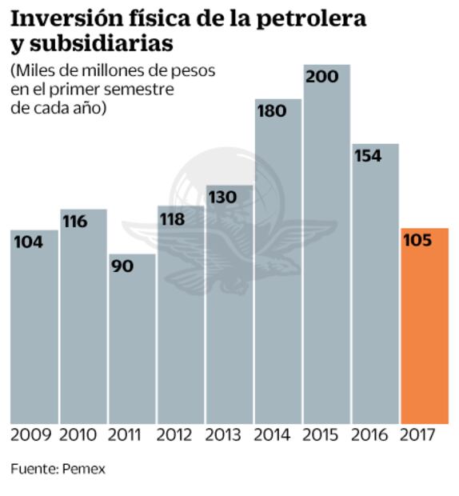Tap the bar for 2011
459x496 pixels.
point(132,344)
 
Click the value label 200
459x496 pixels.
point(322,78)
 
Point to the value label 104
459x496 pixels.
point(28,242)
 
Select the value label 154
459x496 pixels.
point(368,156)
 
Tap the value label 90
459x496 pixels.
point(122,266)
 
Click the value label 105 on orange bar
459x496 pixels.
point(417,241)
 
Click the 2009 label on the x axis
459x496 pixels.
point(31,435)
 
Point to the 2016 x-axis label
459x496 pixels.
point(370,435)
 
